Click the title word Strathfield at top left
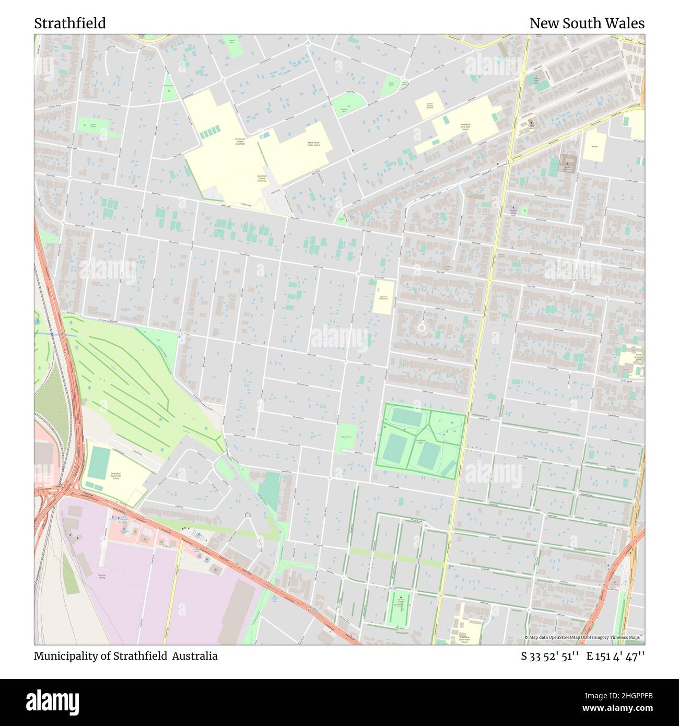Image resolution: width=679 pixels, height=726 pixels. [x=70, y=24]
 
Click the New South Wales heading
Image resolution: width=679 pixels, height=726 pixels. [x=587, y=24]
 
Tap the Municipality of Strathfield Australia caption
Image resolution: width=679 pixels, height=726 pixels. [x=126, y=656]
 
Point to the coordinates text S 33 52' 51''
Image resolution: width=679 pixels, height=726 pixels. [x=549, y=656]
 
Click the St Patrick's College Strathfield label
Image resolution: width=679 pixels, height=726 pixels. [x=240, y=141]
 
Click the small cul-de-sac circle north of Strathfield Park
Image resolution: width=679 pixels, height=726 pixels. [x=422, y=327]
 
